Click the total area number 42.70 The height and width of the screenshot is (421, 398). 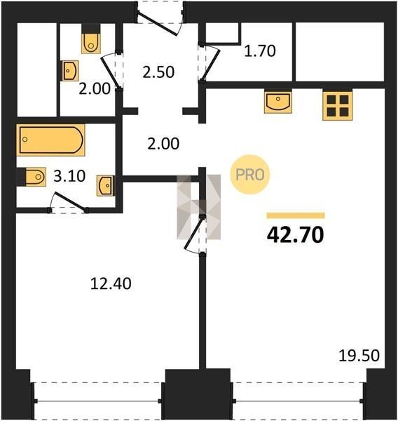click(x=295, y=234)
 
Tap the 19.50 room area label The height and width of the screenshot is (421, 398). click(x=359, y=356)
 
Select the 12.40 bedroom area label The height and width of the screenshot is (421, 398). click(x=111, y=283)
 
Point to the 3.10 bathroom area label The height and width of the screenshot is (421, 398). click(x=69, y=176)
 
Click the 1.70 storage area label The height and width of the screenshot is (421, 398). click(x=260, y=51)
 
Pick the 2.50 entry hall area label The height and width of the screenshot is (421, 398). click(x=158, y=72)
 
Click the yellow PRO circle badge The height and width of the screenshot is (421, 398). click(x=249, y=175)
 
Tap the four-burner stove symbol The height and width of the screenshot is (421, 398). click(x=337, y=106)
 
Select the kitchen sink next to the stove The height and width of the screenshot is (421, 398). click(x=278, y=102)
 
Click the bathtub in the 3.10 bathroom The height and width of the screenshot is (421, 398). click(x=50, y=140)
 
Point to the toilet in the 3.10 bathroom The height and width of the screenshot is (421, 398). click(x=36, y=177)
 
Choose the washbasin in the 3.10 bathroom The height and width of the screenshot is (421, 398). click(x=106, y=185)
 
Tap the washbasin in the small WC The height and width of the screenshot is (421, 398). click(x=70, y=71)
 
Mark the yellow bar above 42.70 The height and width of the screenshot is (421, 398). click(x=296, y=215)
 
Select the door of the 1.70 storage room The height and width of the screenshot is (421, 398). click(x=210, y=62)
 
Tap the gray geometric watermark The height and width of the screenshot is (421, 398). click(x=199, y=207)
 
